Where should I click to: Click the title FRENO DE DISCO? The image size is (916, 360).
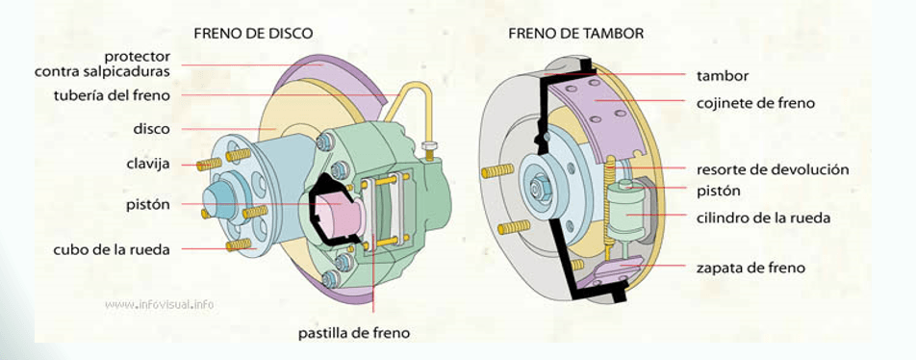(253, 34)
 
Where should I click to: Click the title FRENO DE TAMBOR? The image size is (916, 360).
(576, 34)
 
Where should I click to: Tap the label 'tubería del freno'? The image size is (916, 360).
(113, 95)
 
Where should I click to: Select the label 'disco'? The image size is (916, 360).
(152, 128)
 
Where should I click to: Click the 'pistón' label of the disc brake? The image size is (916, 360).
(147, 204)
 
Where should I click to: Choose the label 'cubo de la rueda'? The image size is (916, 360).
(112, 249)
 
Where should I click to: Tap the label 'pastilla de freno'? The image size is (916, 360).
(354, 333)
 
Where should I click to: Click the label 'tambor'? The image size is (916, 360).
(722, 75)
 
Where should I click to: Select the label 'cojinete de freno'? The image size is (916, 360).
(755, 102)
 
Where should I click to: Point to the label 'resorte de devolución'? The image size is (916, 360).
(773, 169)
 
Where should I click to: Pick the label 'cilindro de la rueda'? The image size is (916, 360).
(763, 218)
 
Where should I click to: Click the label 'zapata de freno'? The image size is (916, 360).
(751, 268)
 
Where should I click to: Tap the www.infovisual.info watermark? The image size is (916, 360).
(160, 304)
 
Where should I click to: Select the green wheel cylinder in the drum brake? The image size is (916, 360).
(625, 214)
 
